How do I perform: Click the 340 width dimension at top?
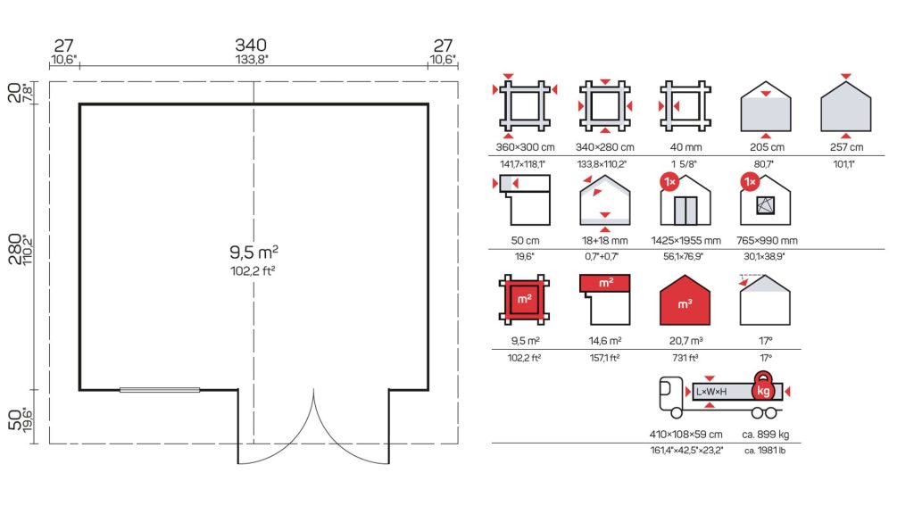pos(251,45)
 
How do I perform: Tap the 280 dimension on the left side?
pos(15,249)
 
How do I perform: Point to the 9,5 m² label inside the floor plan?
pos(253,252)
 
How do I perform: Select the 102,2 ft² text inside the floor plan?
pos(253,270)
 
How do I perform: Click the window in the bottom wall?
pos(160,390)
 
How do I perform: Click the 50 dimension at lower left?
pos(15,419)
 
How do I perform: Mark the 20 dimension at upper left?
pos(15,93)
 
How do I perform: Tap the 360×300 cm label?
pos(525,147)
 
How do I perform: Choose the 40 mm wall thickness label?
pos(685,147)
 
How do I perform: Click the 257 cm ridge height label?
pos(846,147)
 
